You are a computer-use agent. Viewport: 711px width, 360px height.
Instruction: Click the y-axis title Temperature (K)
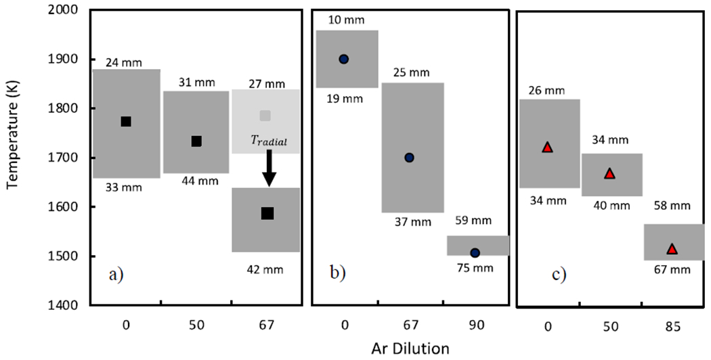pos(12,158)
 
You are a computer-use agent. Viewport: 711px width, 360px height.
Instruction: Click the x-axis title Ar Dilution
pos(405,348)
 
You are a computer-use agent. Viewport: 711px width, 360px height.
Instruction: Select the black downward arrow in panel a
pos(269,168)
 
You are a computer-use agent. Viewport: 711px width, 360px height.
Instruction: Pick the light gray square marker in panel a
pos(265,116)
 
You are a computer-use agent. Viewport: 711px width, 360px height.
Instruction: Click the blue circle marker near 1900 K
pos(343,59)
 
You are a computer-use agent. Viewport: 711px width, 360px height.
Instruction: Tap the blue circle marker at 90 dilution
pos(475,253)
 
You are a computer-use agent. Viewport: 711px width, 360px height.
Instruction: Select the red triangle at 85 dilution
pos(672,249)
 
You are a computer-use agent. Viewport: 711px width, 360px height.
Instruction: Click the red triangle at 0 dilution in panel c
pos(547,147)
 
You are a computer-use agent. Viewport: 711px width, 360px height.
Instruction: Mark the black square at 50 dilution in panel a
pos(196,141)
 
